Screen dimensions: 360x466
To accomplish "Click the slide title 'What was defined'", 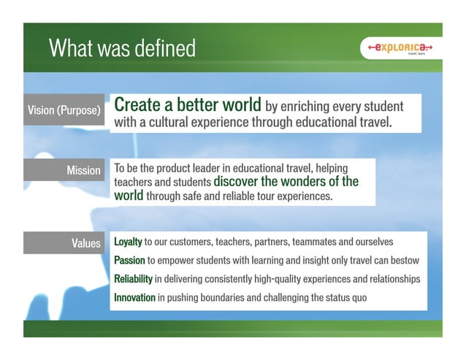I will (122, 49).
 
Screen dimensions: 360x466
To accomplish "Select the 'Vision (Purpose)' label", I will (64, 110).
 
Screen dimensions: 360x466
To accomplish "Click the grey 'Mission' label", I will (83, 170).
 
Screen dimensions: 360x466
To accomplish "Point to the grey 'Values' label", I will (85, 243).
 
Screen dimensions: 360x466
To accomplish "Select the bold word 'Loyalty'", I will (128, 242).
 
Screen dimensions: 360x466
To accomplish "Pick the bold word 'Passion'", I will (129, 260).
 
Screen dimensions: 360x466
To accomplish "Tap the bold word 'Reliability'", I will (133, 279).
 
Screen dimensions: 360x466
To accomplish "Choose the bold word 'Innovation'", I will (134, 297).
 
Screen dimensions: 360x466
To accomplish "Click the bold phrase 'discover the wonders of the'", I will (286, 182).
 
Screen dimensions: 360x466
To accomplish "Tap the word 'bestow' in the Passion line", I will (403, 260).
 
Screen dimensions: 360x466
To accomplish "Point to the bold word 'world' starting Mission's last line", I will (129, 196).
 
